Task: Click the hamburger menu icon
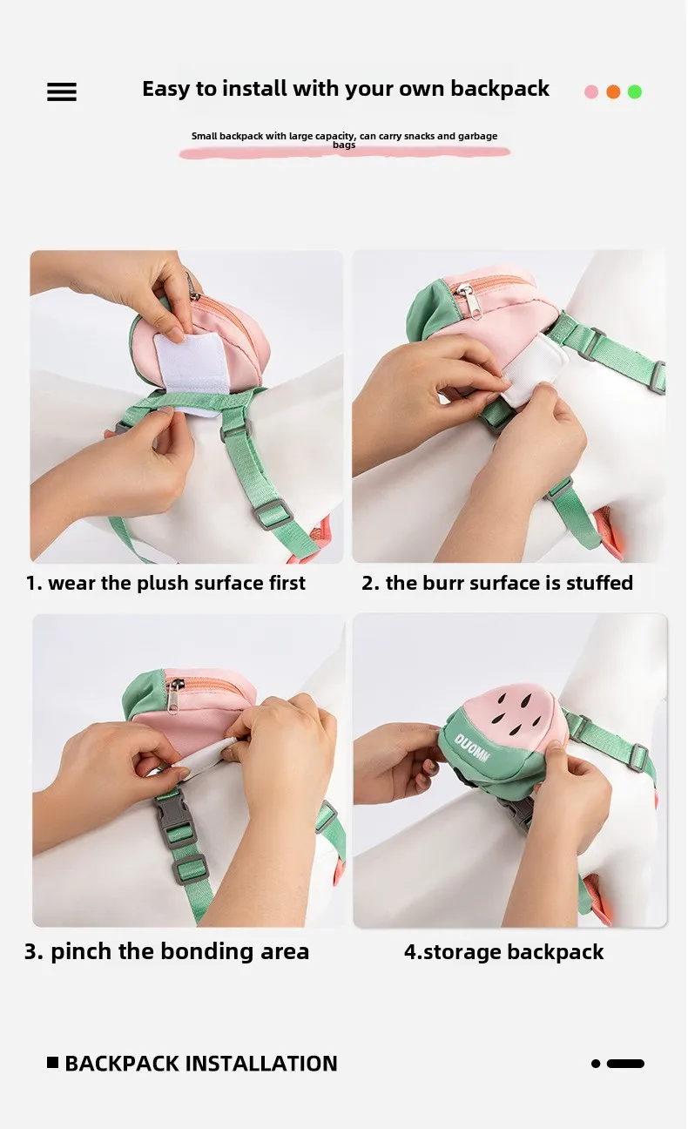tap(62, 91)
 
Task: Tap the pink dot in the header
tap(591, 91)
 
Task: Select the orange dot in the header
tap(613, 91)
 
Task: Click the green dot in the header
tap(635, 91)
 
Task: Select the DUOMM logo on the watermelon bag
tap(472, 747)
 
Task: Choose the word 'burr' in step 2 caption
tap(441, 583)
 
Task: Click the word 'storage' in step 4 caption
tap(462, 952)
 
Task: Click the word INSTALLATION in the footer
tap(261, 1064)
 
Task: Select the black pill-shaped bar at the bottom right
tap(625, 1064)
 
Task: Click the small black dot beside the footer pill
tap(596, 1064)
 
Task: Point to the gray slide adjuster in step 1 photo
tap(273, 513)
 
